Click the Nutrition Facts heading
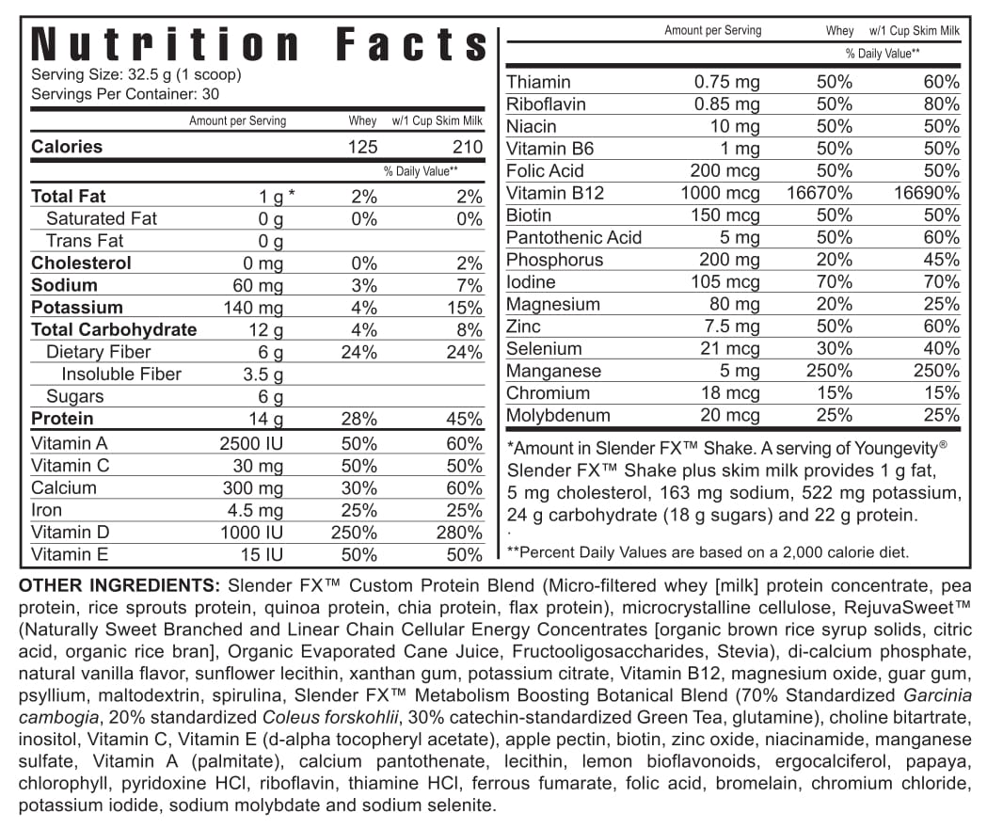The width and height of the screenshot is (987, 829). pyautogui.click(x=259, y=45)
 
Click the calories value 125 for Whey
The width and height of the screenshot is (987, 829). pyautogui.click(x=362, y=147)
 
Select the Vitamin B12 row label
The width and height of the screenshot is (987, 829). pyautogui.click(x=555, y=193)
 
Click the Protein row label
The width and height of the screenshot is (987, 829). pyautogui.click(x=62, y=419)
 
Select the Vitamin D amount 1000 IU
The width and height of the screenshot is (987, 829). pyautogui.click(x=251, y=533)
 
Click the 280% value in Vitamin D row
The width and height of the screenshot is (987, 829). pyautogui.click(x=462, y=533)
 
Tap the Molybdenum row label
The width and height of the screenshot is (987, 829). pyautogui.click(x=558, y=415)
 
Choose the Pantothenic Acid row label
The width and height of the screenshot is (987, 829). pyautogui.click(x=574, y=237)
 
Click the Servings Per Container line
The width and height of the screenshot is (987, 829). pyautogui.click(x=125, y=94)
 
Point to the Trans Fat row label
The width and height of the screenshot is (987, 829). pyautogui.click(x=85, y=241)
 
